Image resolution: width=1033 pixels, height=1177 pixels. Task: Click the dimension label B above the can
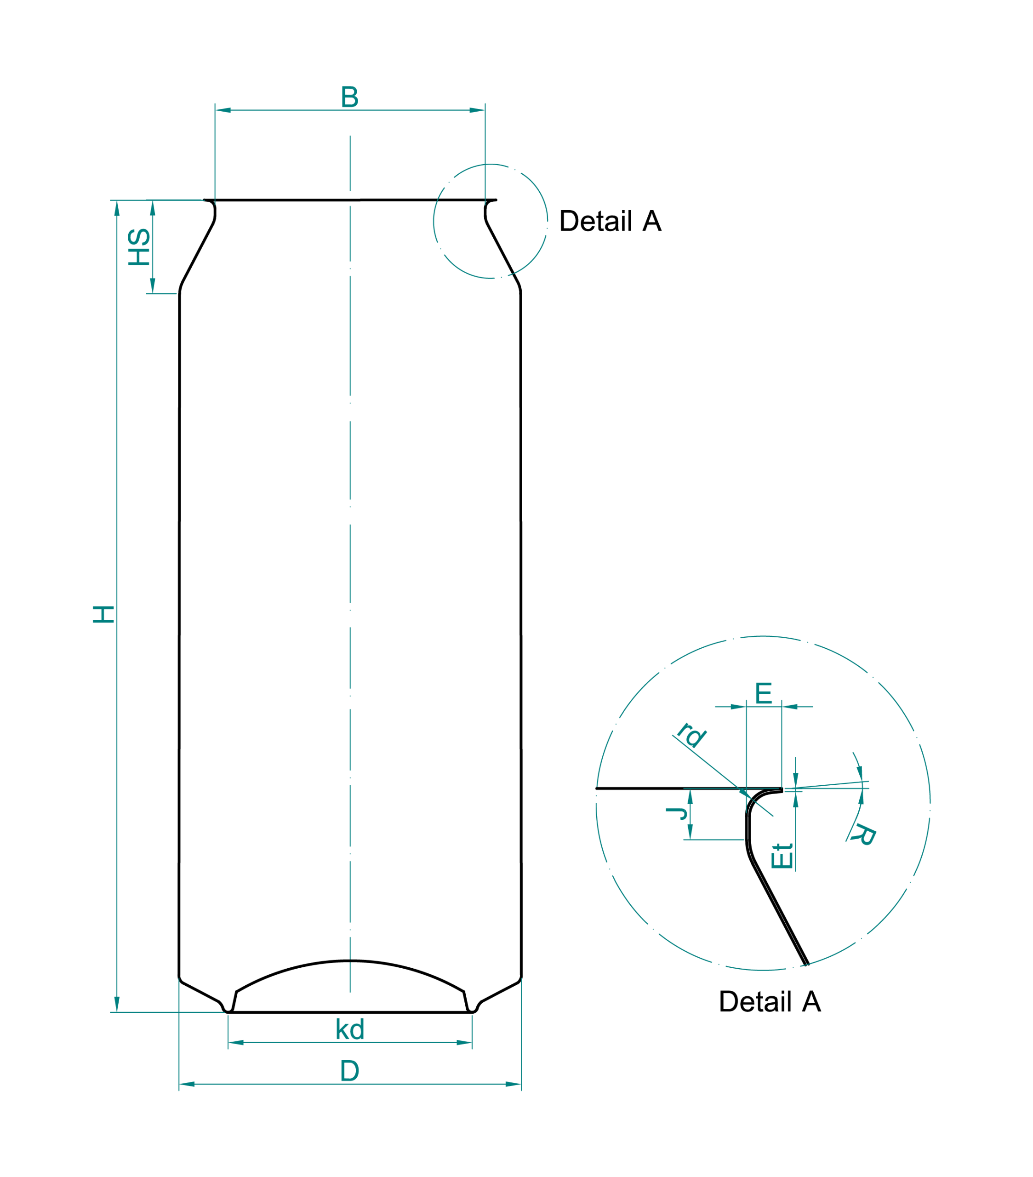349,97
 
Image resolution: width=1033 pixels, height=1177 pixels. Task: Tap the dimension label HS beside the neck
139,247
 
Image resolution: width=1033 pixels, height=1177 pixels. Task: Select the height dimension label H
103,614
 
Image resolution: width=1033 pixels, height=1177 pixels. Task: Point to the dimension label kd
349,1029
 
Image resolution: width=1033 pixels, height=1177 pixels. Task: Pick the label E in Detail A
764,693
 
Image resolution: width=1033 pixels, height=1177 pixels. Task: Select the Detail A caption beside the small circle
611,221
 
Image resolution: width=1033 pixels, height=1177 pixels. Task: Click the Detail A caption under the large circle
770,1001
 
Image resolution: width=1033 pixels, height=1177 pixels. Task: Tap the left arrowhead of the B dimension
223,110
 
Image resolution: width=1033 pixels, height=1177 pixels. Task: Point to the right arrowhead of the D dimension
513,1084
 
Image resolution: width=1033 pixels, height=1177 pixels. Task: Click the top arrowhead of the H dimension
117,208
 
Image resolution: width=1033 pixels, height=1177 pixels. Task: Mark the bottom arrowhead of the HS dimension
153,286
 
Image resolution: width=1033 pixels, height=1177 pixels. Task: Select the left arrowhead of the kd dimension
236,1043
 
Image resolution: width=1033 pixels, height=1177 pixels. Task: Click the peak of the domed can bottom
349,961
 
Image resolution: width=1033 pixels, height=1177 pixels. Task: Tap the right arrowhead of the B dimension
477,110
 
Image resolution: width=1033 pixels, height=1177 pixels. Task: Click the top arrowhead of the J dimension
690,797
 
